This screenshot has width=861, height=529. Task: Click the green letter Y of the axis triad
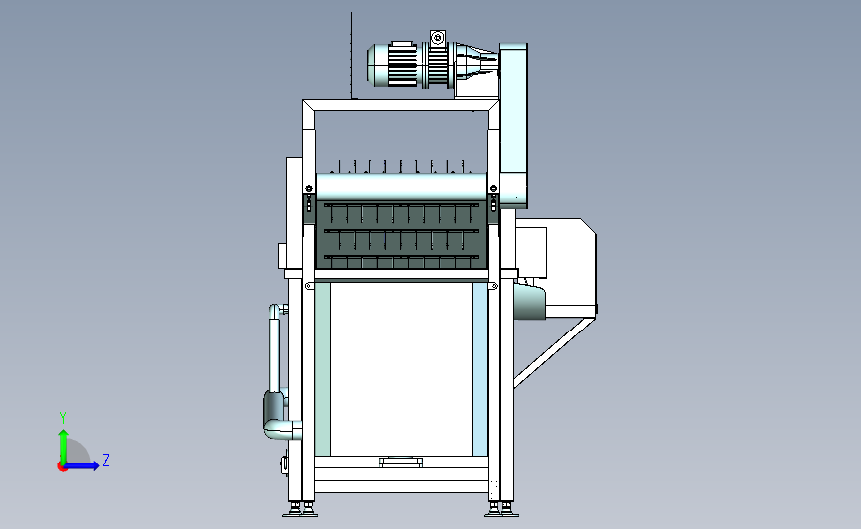pos(63,418)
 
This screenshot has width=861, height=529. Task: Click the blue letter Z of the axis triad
pos(106,460)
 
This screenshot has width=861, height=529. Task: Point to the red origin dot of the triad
pos(62,466)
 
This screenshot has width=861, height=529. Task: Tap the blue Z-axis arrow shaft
pos(80,466)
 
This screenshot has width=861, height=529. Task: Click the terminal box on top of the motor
pos(438,38)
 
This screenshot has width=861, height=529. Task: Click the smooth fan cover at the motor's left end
pos(378,65)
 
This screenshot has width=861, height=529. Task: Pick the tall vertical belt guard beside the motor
pos(513,125)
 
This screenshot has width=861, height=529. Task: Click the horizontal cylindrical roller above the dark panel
pos(401,187)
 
